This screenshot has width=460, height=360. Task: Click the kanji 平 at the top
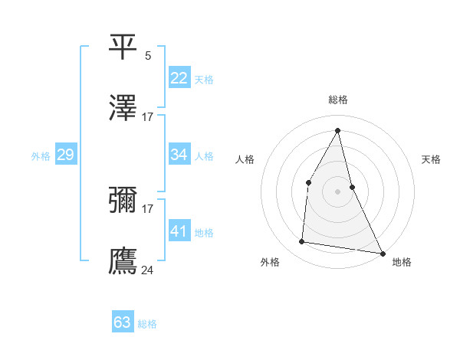(x=123, y=47)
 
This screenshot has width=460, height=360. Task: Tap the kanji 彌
(x=123, y=200)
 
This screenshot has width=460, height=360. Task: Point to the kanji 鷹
(x=123, y=260)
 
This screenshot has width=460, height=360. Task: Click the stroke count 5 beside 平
(x=148, y=55)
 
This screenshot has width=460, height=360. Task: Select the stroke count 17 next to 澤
(x=148, y=116)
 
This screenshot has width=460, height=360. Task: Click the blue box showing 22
(x=179, y=78)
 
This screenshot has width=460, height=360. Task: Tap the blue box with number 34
(x=179, y=155)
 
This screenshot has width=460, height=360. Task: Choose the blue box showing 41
(x=179, y=231)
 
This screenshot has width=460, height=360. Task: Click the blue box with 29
(x=65, y=155)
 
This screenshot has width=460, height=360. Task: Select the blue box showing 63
(x=122, y=322)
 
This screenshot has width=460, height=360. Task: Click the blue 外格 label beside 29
(x=41, y=155)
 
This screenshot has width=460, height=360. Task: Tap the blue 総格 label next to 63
(x=147, y=324)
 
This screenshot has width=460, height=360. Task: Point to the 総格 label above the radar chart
(x=338, y=100)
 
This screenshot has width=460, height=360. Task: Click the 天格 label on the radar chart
(x=432, y=159)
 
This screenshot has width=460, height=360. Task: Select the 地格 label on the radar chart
(x=402, y=262)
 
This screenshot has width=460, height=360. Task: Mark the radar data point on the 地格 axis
(x=382, y=253)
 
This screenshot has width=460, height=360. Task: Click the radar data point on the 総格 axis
(x=338, y=130)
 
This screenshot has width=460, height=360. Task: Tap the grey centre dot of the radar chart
(x=338, y=191)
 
